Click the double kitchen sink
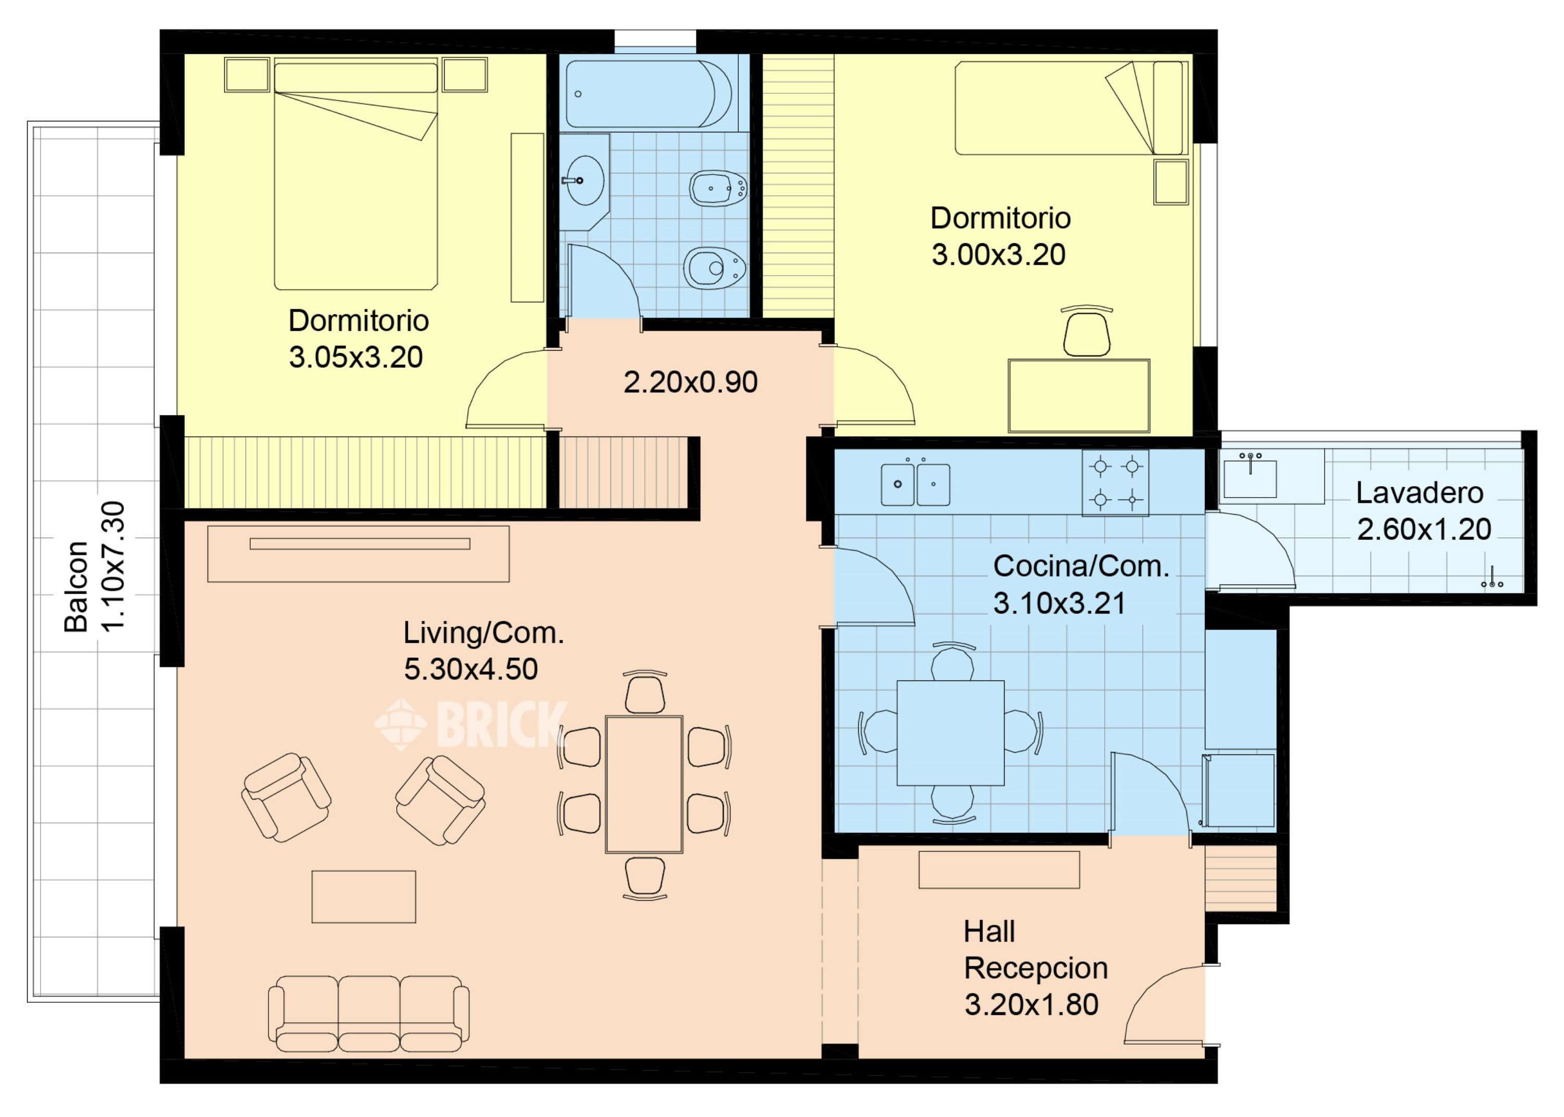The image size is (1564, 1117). click(916, 484)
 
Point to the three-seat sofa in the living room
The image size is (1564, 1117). click(369, 1013)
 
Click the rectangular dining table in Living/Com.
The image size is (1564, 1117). click(644, 784)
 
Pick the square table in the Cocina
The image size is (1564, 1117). click(950, 733)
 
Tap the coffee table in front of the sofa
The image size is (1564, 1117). click(363, 897)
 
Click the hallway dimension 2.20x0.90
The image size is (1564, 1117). click(690, 382)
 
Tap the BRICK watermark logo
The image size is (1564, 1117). click(471, 724)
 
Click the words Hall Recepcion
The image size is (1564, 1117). click(1035, 950)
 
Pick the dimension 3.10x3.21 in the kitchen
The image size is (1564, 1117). click(1060, 603)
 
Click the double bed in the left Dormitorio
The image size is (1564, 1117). click(356, 173)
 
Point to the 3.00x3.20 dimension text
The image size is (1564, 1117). click(998, 254)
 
